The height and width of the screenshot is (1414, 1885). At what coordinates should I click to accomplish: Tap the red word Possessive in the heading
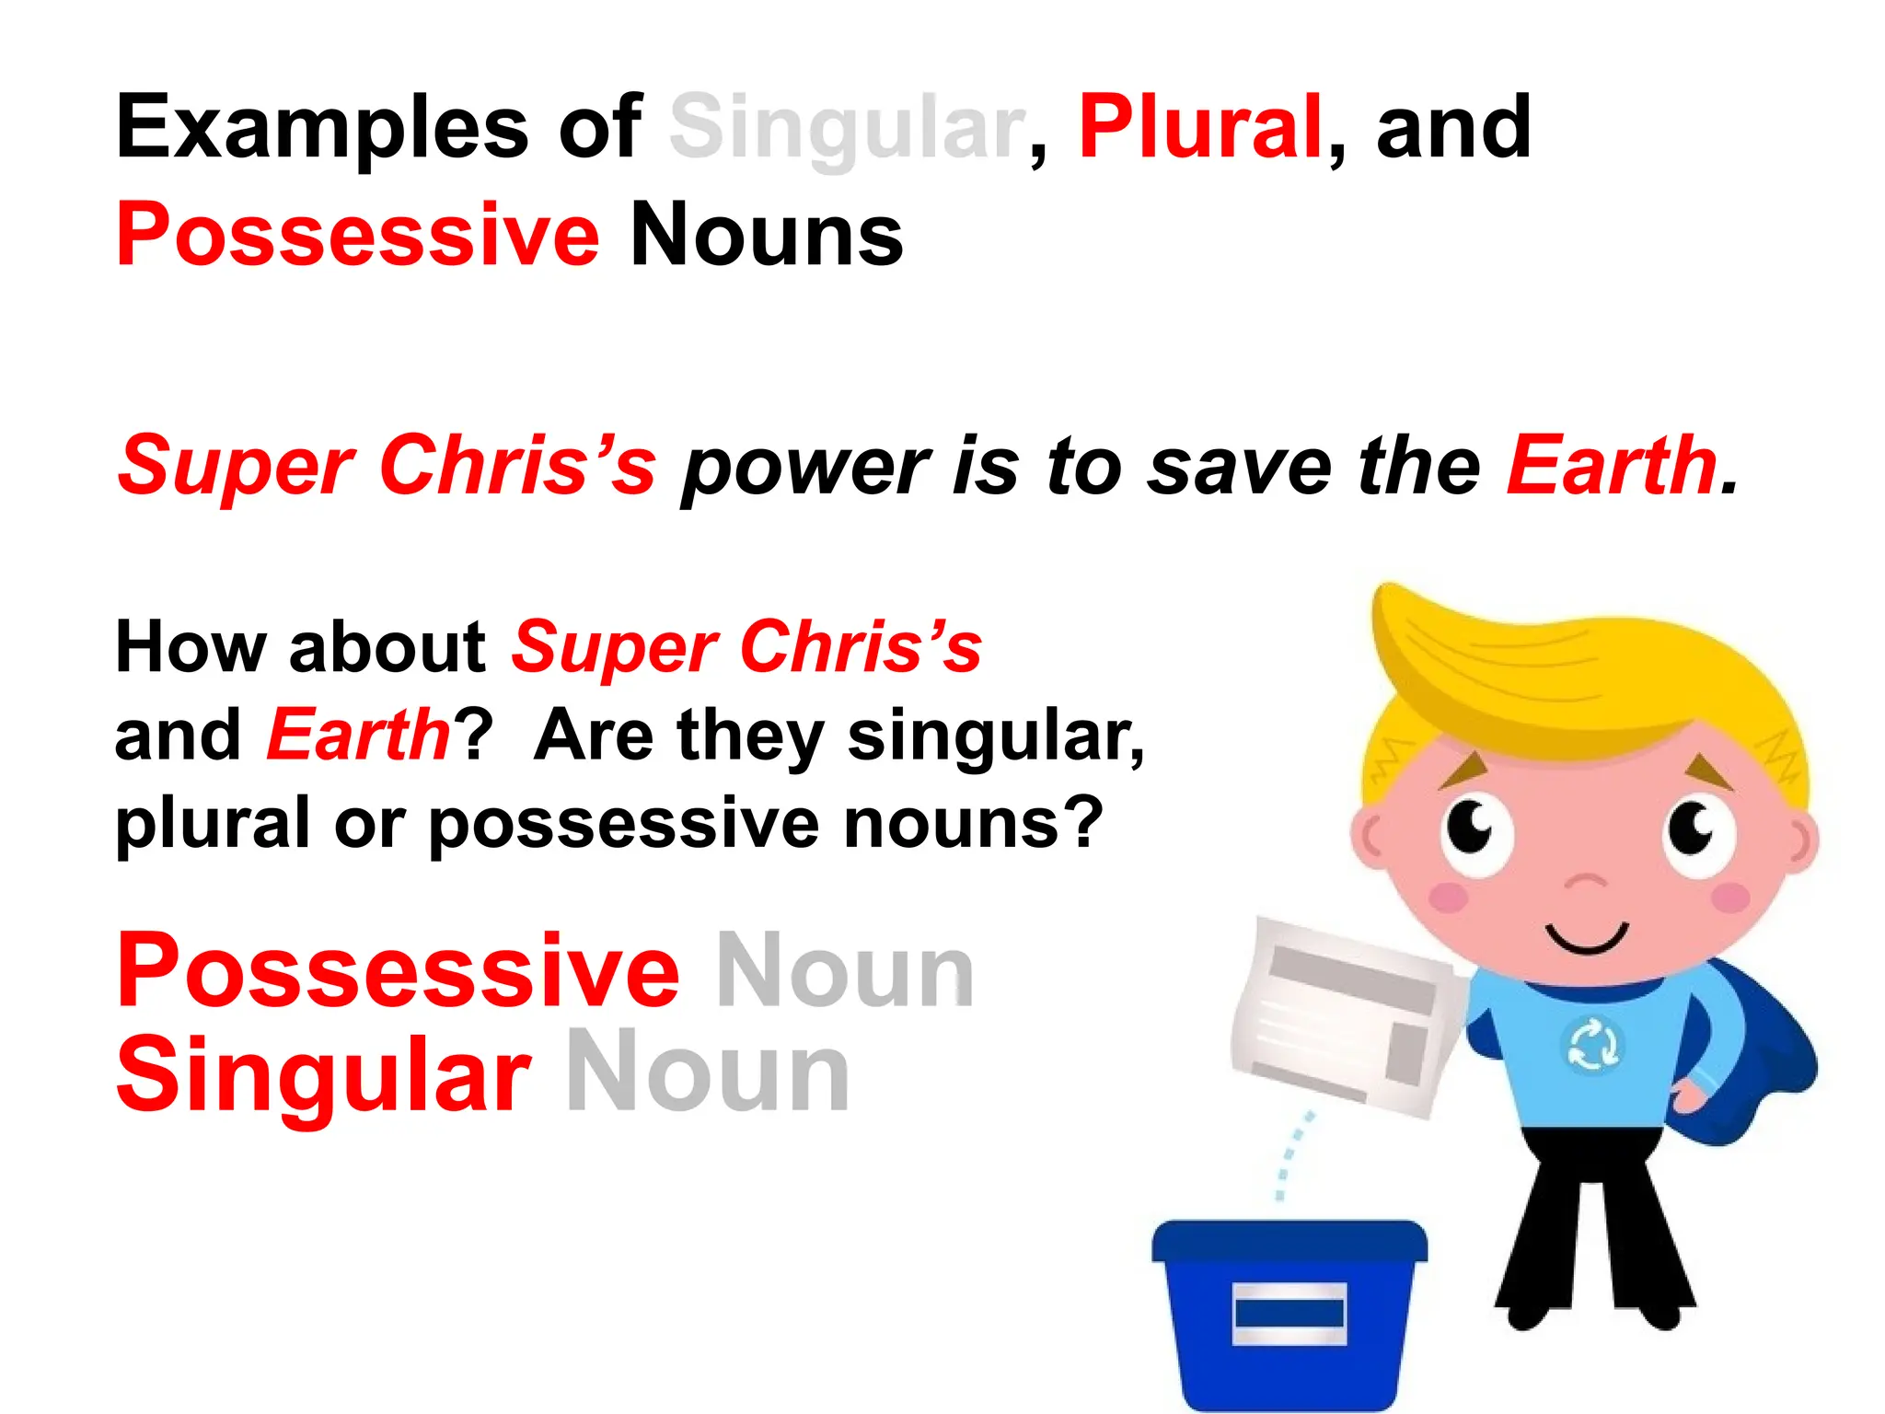pos(357,236)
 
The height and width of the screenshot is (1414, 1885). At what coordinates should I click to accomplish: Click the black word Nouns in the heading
pos(766,236)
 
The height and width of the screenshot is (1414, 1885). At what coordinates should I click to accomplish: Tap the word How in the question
pos(191,647)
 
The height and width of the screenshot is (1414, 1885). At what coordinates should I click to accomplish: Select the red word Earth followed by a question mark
pos(357,736)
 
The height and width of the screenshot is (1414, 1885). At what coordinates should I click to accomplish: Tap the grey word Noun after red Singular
pos(707,1073)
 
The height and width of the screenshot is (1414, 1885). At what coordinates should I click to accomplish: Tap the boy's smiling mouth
pos(1587,940)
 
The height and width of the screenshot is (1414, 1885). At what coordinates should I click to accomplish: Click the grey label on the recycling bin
pos(1289,1313)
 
